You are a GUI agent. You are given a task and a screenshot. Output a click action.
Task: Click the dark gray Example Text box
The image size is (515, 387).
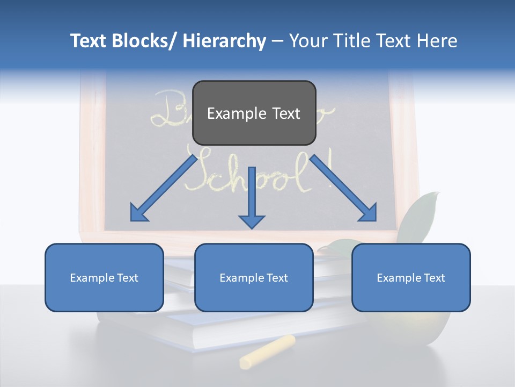click(254, 113)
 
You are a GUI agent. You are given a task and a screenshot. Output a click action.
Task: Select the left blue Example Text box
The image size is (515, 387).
click(104, 277)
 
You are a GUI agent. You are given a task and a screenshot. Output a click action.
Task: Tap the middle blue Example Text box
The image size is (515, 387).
click(254, 277)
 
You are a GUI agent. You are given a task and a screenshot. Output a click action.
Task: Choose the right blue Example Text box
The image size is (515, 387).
click(411, 277)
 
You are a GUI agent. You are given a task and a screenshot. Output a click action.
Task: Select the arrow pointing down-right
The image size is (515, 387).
click(343, 188)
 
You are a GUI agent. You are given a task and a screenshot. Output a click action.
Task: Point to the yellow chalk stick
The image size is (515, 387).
click(267, 352)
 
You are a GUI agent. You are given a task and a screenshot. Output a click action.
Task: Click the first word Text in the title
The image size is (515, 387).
click(90, 41)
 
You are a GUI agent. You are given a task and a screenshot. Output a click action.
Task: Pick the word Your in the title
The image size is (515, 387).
click(308, 41)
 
